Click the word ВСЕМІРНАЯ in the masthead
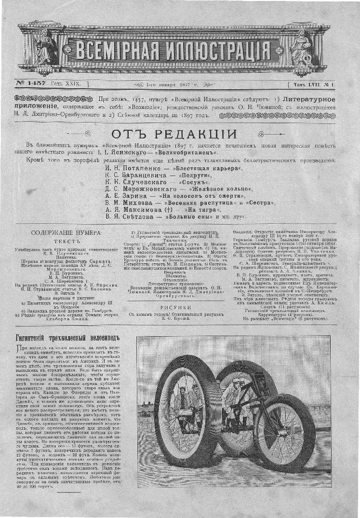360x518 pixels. [116, 50]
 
